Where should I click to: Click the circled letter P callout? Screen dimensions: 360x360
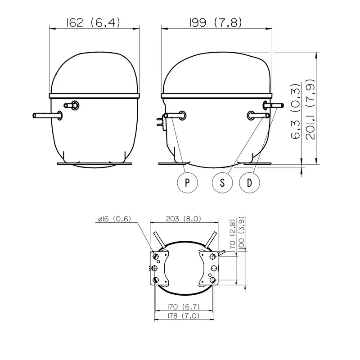187,183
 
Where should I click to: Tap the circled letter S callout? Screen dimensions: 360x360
222,183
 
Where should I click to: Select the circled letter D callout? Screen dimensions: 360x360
250,183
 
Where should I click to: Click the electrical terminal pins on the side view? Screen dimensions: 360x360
160,121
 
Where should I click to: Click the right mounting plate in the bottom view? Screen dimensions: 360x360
209,268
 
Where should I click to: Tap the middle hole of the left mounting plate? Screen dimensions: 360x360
154,268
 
